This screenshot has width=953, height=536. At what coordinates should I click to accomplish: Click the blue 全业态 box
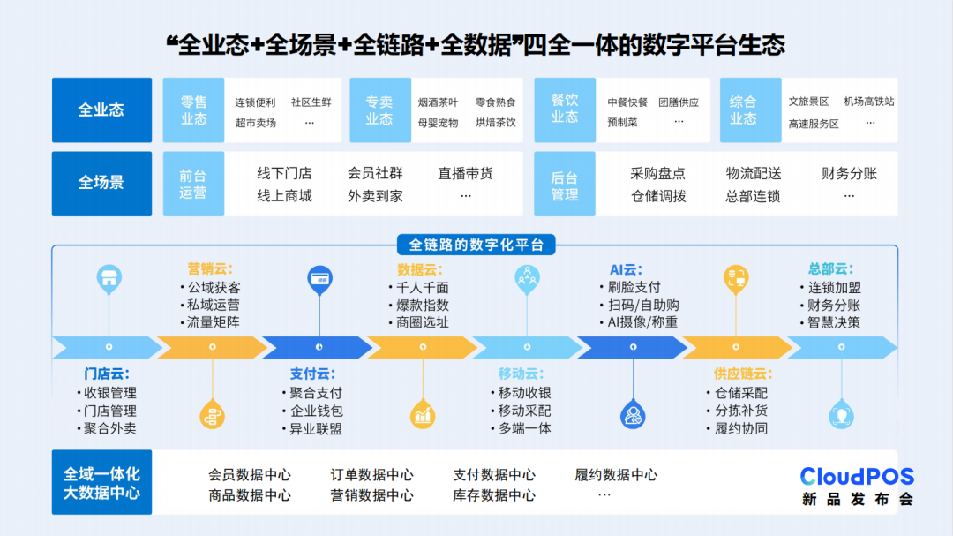[101, 110]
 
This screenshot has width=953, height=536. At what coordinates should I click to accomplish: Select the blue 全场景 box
[101, 183]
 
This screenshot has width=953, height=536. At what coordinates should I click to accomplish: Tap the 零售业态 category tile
[193, 110]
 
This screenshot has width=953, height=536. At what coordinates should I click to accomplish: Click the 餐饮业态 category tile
[565, 110]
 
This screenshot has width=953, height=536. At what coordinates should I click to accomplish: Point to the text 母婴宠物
[438, 123]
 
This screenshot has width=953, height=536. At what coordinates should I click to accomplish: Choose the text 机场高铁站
[868, 102]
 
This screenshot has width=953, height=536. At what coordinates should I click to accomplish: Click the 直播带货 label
[466, 174]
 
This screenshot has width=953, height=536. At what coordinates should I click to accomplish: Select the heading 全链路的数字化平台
[476, 245]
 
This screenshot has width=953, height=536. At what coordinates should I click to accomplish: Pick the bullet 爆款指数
[423, 305]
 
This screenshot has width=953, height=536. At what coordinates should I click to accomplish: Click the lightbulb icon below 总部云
[841, 415]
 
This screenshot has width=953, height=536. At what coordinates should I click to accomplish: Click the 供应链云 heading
[742, 374]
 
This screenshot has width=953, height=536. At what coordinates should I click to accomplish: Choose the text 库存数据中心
[494, 495]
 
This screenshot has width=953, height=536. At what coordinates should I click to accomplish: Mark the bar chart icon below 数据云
[423, 413]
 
